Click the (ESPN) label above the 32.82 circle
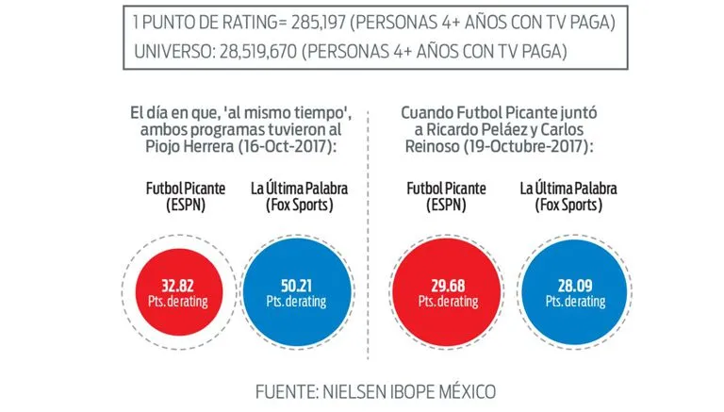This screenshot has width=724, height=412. [175, 206]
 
